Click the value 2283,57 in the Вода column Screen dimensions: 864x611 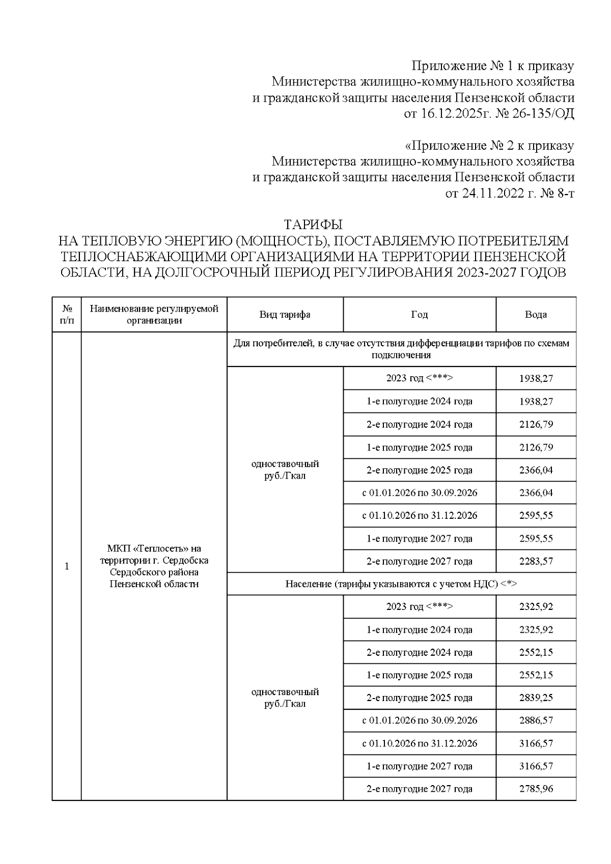536,561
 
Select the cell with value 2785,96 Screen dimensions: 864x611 536,789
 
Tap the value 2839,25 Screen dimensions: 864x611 536,698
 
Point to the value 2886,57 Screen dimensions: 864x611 536,720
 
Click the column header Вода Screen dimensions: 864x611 536,315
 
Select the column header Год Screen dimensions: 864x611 419,315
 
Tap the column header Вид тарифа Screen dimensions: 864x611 285,315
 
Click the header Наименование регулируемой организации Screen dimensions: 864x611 154,315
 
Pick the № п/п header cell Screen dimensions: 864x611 67,315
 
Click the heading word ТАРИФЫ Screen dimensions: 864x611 313,225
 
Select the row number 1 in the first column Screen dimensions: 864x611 67,566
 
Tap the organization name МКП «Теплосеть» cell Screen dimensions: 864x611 154,566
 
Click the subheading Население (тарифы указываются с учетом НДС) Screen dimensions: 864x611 401,584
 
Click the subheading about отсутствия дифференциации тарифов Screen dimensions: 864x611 401,349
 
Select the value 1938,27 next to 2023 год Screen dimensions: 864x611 536,379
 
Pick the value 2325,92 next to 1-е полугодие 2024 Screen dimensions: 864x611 536,630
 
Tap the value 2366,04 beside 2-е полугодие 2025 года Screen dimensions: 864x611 536,470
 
